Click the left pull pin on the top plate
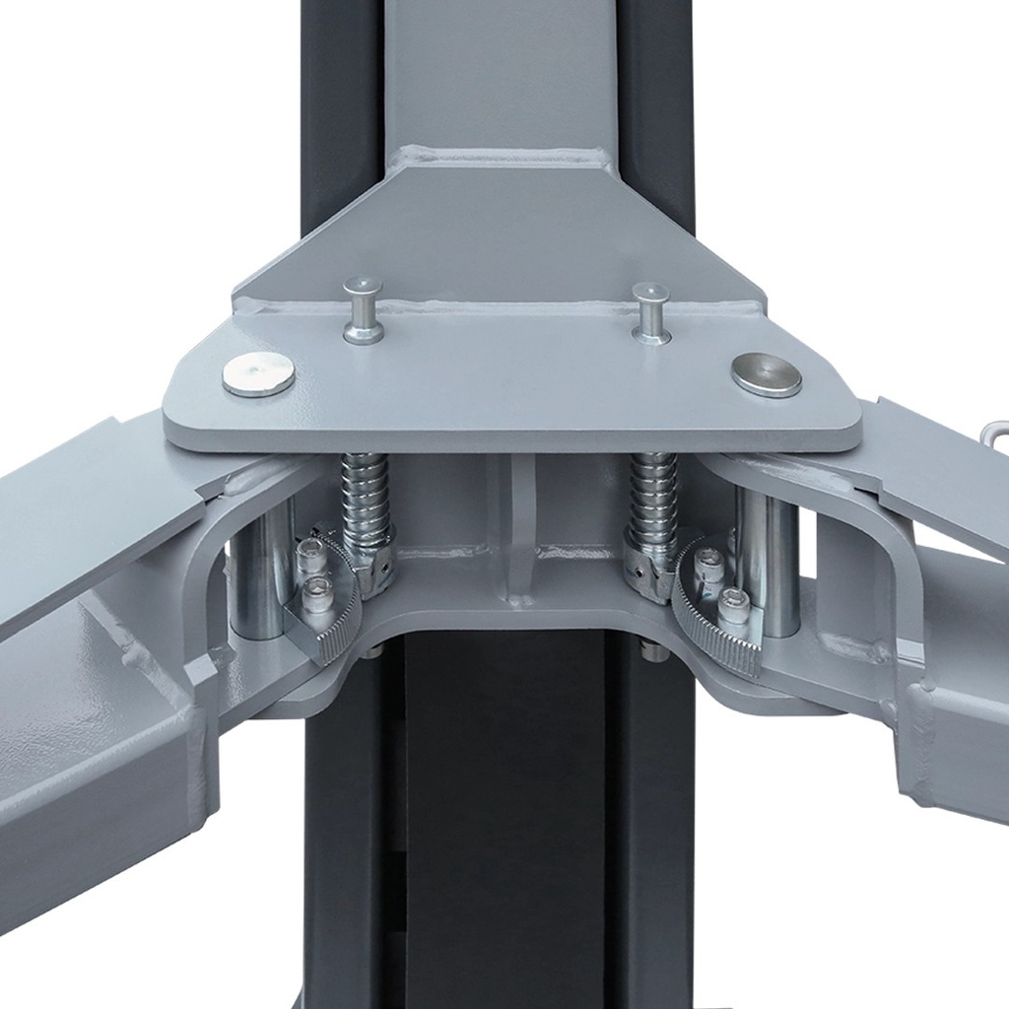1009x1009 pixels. [363, 309]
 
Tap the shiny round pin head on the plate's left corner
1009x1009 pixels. [258, 374]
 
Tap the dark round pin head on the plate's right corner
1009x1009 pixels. [767, 373]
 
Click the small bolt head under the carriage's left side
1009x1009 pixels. [371, 651]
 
